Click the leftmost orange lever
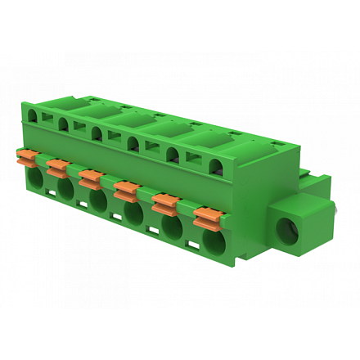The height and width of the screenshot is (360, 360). click(x=27, y=154)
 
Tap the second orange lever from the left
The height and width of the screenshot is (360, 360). click(x=57, y=166)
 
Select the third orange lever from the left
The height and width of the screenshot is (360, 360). click(x=90, y=175)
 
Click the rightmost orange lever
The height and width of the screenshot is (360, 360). click(x=208, y=215)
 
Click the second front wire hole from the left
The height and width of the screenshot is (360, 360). click(x=66, y=190)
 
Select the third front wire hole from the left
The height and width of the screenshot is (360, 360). click(x=98, y=202)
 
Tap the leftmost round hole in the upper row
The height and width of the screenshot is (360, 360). click(x=32, y=115)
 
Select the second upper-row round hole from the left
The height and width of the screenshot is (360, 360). click(x=63, y=124)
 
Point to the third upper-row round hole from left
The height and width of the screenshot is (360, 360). click(x=97, y=133)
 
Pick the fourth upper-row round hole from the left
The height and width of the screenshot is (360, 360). click(x=133, y=144)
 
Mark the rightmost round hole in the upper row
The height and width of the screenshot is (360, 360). click(x=216, y=168)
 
